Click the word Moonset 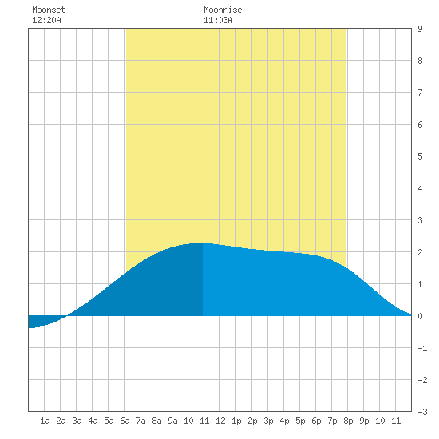click(49, 10)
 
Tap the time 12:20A click(46, 20)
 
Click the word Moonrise click(223, 10)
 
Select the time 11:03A click(218, 20)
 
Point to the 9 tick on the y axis click(420, 29)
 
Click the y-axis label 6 click(420, 125)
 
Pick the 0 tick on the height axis click(420, 316)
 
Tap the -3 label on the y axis click(422, 412)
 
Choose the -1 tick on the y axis click(422, 348)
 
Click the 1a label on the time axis click(45, 421)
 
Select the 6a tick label click(125, 421)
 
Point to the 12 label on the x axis click(220, 421)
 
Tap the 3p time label click(268, 421)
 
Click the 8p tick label click(348, 421)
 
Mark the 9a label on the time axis click(172, 421)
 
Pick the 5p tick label click(300, 421)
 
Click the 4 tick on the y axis click(420, 188)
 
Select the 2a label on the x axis click(61, 421)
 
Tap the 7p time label click(332, 421)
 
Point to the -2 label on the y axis click(422, 380)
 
